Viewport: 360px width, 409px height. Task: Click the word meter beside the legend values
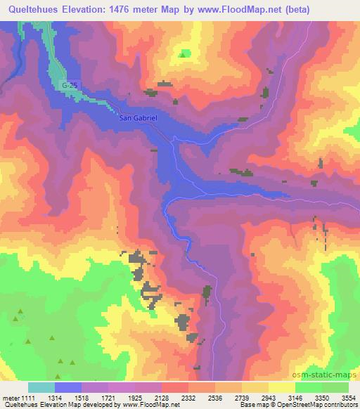point(10,397)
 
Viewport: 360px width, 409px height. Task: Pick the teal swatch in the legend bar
point(41,387)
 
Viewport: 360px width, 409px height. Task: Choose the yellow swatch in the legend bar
point(282,387)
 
